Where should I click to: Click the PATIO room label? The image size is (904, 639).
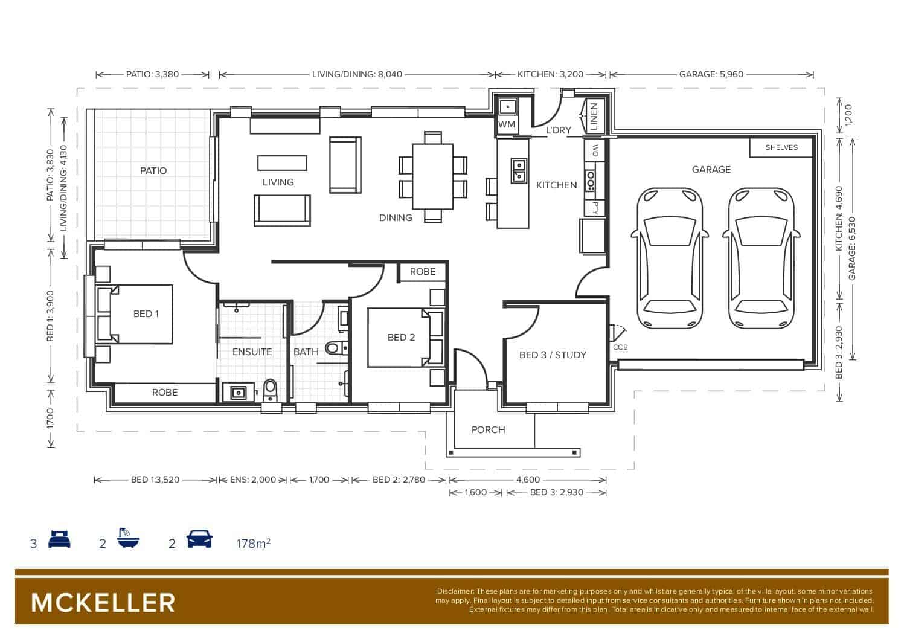pos(153,171)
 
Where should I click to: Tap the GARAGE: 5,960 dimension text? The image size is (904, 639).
pos(711,74)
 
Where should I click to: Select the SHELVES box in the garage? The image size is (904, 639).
pos(781,148)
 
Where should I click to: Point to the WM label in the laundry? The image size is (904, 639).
pos(507,124)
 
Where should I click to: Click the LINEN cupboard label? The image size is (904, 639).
pos(594,116)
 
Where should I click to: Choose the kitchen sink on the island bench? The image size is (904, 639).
pos(519,171)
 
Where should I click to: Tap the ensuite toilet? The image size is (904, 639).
pos(270,390)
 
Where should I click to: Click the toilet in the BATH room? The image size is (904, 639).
pos(336,347)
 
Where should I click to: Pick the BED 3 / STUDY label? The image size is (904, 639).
pos(553,355)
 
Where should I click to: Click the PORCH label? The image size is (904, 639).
pos(489,429)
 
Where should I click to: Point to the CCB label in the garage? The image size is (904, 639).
pos(620,347)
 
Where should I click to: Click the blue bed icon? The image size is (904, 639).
pos(59,539)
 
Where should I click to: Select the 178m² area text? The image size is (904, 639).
pos(254,544)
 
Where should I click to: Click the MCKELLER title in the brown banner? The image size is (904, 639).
pos(103,603)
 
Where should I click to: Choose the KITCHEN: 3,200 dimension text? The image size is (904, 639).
pos(550,74)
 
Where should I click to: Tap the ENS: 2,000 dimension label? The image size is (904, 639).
pos(252,480)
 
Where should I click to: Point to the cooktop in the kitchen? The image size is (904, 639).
pos(591,181)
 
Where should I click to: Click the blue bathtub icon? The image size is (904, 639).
pos(129,538)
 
